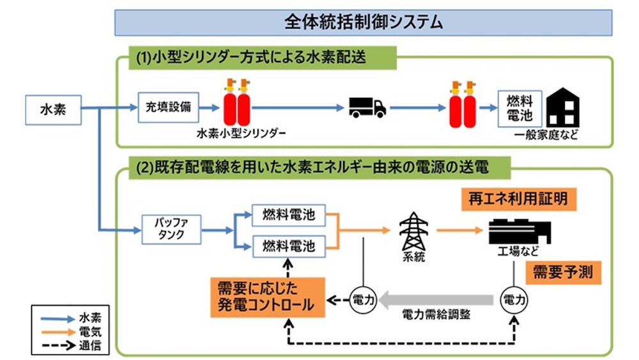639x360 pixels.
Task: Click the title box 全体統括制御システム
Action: [x=363, y=22]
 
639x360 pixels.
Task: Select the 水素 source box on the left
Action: [x=53, y=110]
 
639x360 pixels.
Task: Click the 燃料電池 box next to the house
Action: [x=520, y=108]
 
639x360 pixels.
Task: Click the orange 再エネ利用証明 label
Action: [x=518, y=199]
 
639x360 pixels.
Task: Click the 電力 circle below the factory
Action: [x=513, y=299]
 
